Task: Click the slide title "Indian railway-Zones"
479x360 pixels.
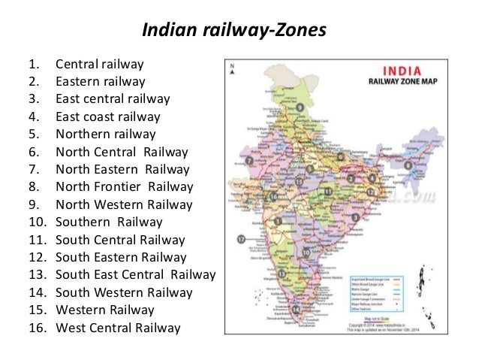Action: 234,31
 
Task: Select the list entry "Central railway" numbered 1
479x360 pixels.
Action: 99,65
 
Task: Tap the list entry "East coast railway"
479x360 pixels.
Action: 107,116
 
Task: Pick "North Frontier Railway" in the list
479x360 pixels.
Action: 124,186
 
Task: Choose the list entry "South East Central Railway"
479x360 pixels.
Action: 135,274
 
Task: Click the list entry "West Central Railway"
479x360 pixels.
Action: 118,328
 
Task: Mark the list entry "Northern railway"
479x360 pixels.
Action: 105,134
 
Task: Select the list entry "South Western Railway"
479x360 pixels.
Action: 124,292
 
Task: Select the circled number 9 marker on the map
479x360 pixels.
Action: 299,108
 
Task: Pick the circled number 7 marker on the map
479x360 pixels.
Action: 249,160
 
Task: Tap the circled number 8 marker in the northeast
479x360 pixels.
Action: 408,165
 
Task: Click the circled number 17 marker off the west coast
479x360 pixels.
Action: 241,239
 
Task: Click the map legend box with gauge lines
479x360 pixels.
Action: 383,285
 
